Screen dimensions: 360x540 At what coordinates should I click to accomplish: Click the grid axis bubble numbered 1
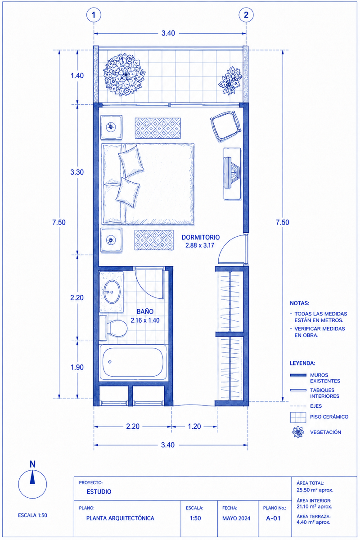(x=94, y=15)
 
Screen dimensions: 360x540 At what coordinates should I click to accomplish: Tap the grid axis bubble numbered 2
(x=246, y=15)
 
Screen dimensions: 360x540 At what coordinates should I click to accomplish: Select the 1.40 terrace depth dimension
(x=77, y=76)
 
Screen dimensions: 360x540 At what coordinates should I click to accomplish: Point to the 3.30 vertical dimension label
(x=77, y=172)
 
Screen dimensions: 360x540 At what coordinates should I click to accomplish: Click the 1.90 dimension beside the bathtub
(x=77, y=367)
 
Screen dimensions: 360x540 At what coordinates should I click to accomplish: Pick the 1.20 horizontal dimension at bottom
(x=194, y=427)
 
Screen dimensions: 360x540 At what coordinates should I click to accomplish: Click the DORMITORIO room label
(x=201, y=237)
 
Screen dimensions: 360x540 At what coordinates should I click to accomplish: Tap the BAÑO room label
(x=145, y=311)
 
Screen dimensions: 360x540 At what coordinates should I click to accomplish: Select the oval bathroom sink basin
(x=112, y=292)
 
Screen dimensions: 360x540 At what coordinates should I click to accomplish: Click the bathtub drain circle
(x=110, y=362)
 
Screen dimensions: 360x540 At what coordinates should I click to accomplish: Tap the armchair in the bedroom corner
(x=226, y=126)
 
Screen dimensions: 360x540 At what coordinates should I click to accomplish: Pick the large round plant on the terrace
(x=124, y=75)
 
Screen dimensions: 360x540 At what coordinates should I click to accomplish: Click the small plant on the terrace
(x=230, y=81)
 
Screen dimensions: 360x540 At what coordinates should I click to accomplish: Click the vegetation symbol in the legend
(x=298, y=432)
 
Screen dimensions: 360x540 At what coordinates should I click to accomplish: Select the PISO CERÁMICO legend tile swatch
(x=298, y=417)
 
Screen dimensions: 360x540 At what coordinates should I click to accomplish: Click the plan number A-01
(x=273, y=518)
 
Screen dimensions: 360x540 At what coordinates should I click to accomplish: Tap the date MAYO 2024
(x=236, y=518)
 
